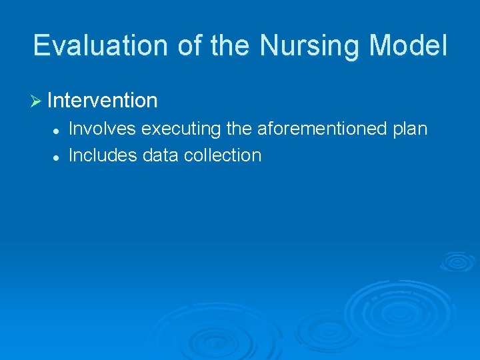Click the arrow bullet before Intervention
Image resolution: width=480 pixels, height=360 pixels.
click(x=37, y=101)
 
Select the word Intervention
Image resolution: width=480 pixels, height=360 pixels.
click(x=103, y=101)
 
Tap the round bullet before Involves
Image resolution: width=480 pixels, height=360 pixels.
click(x=57, y=129)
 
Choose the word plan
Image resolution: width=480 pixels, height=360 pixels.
click(x=409, y=128)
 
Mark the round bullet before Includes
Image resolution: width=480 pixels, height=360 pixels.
click(x=57, y=156)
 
